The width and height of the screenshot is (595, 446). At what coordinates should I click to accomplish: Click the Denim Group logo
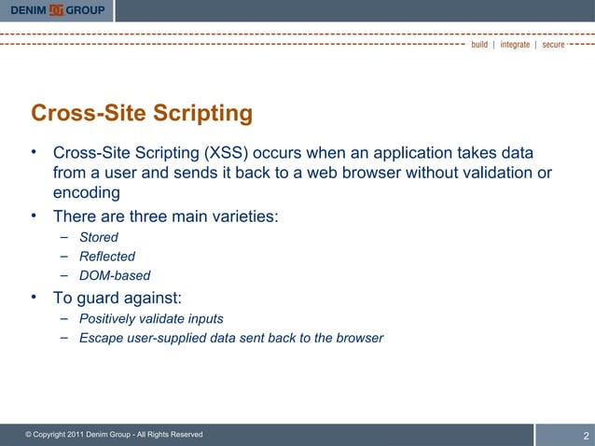57,10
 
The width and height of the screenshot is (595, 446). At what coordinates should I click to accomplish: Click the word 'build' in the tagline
479,45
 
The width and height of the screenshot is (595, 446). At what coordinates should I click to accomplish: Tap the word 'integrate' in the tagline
515,45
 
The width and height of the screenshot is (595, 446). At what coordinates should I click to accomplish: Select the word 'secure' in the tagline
553,45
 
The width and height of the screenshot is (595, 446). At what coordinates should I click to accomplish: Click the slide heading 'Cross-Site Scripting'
142,113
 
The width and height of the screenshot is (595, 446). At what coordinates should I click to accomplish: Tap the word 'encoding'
86,193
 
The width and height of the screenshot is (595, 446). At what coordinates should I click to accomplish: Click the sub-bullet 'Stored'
99,237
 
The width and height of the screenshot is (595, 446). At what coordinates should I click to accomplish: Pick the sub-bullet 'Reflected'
107,256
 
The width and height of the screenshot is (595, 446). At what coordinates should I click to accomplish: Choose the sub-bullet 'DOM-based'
115,275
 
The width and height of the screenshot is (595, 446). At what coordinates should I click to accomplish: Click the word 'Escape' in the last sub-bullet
102,338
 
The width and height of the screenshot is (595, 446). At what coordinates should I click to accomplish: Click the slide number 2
586,436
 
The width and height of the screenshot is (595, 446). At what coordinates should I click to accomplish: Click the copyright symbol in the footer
29,435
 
